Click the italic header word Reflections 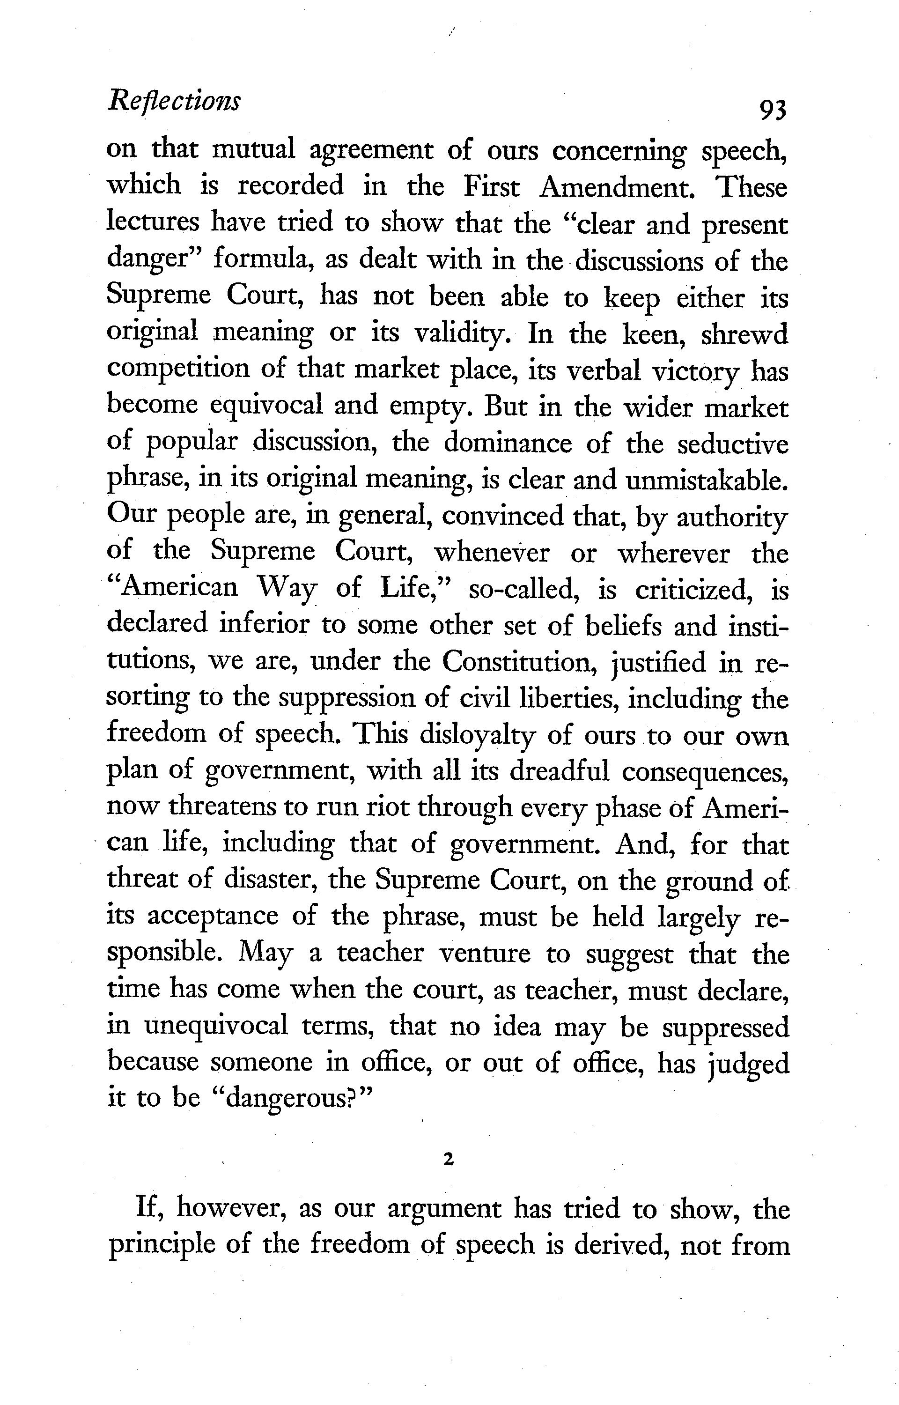click(x=173, y=101)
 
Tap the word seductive click(x=733, y=444)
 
